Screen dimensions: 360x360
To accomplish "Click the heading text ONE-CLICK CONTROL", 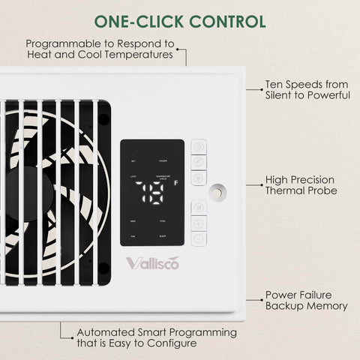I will click(x=180, y=19).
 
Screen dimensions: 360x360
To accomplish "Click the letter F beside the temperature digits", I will click(x=175, y=182).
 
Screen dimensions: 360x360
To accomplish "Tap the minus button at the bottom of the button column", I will click(x=199, y=239).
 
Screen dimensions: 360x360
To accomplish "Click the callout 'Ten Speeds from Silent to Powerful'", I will click(x=307, y=90).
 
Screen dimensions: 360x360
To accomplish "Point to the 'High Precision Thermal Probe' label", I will click(x=301, y=186).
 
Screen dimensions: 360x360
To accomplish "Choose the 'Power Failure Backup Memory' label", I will click(x=306, y=301).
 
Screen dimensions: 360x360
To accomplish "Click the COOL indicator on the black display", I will click(x=163, y=221).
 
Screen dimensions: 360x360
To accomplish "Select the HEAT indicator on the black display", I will click(x=133, y=221).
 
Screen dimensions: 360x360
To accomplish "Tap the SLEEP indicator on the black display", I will click(x=163, y=235).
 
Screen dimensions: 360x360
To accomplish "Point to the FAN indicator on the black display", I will click(x=133, y=235).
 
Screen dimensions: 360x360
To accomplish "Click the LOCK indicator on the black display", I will click(x=133, y=176).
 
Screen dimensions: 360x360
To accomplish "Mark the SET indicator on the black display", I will click(x=133, y=161).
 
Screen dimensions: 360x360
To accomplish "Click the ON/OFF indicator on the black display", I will click(x=163, y=161).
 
